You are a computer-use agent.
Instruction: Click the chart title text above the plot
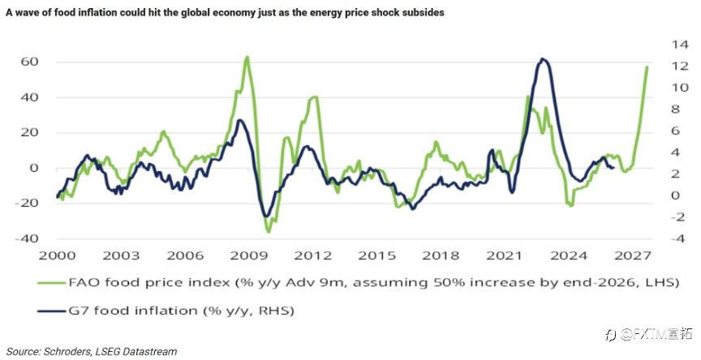click(x=225, y=13)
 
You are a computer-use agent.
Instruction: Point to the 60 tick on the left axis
click(x=29, y=62)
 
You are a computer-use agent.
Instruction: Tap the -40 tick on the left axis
click(x=27, y=238)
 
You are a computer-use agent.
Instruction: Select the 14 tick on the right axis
click(x=680, y=45)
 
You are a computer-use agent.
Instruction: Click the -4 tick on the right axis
click(x=677, y=238)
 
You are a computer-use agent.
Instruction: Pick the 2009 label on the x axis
click(x=249, y=256)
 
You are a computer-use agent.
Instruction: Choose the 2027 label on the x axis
click(x=633, y=256)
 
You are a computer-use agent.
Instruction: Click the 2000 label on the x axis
click(x=58, y=256)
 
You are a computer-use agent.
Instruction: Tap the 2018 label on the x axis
click(x=441, y=256)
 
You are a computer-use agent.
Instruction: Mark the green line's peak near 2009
click(x=247, y=57)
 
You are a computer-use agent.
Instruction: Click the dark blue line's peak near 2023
click(x=542, y=58)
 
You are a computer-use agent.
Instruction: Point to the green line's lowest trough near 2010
click(x=269, y=232)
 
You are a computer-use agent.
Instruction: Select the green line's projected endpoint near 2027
click(x=647, y=67)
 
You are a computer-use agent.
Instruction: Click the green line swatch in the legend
click(x=52, y=283)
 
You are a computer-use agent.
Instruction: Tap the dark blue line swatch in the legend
click(x=52, y=311)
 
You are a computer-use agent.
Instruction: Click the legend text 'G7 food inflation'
click(x=133, y=311)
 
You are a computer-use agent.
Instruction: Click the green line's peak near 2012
click(x=314, y=97)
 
